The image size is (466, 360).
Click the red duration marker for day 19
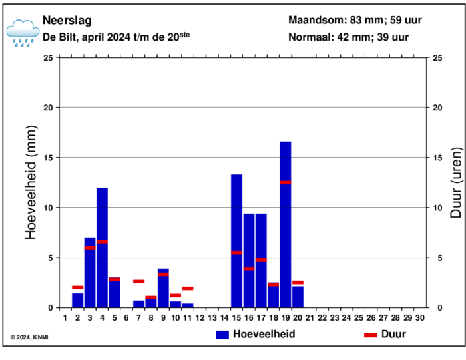(285, 182)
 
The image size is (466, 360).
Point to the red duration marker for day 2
(78, 287)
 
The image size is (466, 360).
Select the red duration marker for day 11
(188, 289)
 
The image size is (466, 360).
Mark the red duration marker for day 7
(138, 281)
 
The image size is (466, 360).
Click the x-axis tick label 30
(419, 318)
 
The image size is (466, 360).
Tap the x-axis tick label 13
(212, 318)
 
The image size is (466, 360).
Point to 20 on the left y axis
(48, 108)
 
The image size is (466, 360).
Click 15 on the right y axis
(437, 158)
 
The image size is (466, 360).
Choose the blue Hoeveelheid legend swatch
(222, 335)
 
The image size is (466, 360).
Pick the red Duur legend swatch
(370, 335)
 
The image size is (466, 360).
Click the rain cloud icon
(23, 32)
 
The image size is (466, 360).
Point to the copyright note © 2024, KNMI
(30, 337)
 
